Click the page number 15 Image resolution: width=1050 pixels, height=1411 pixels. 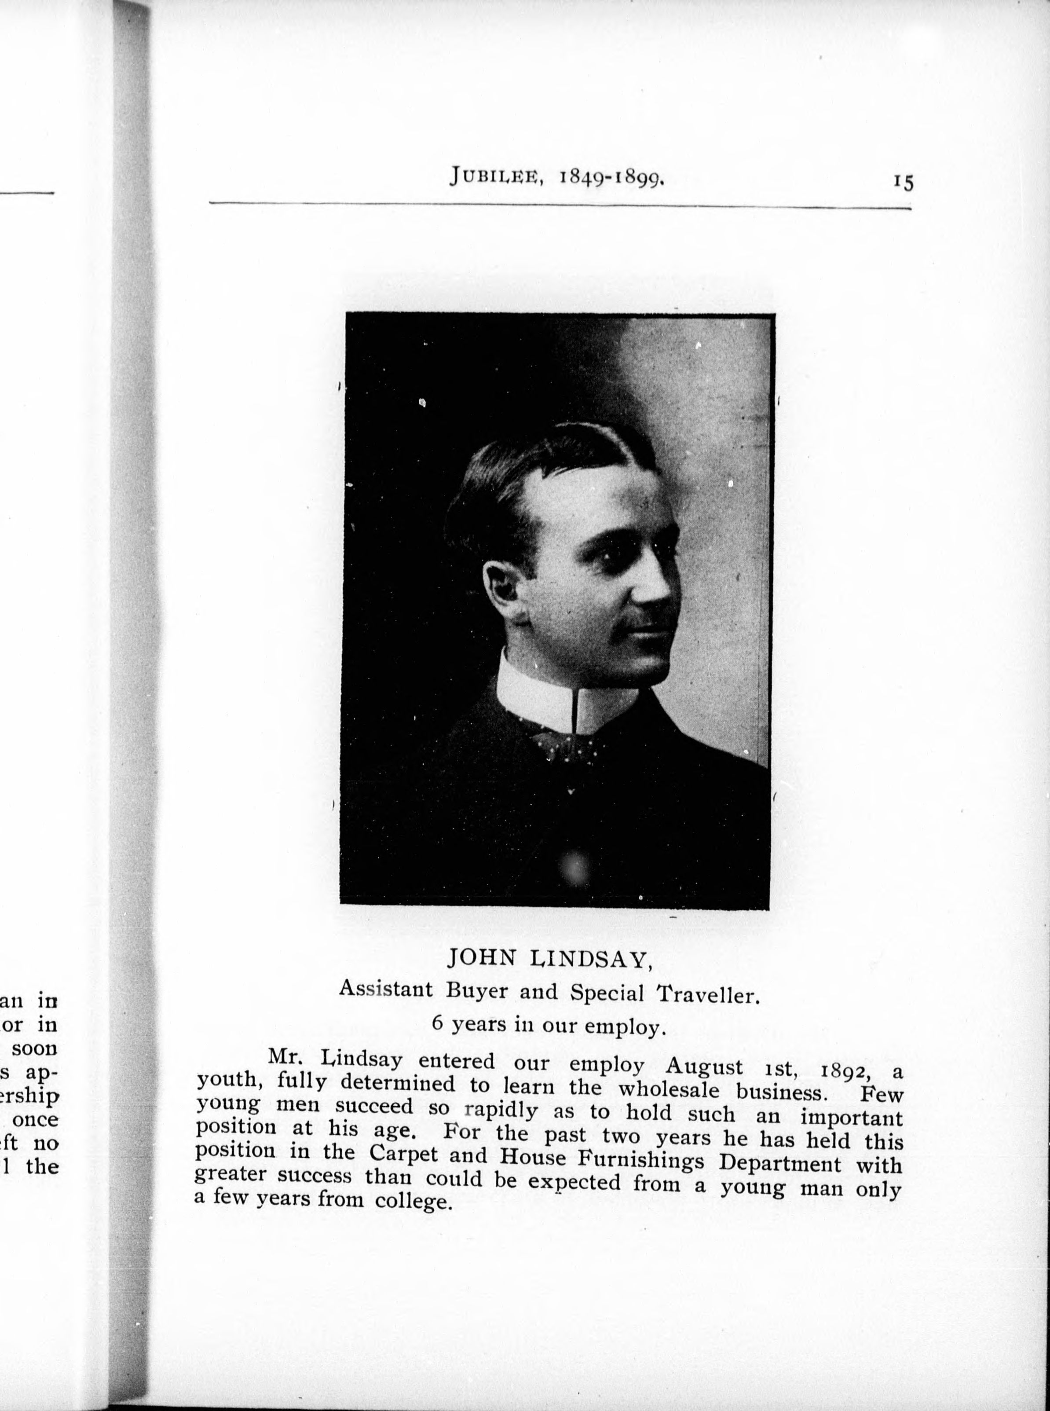pos(903,183)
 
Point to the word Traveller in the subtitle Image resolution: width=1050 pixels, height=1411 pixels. pos(708,993)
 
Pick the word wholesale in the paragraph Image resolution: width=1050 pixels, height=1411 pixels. pos(669,1089)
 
